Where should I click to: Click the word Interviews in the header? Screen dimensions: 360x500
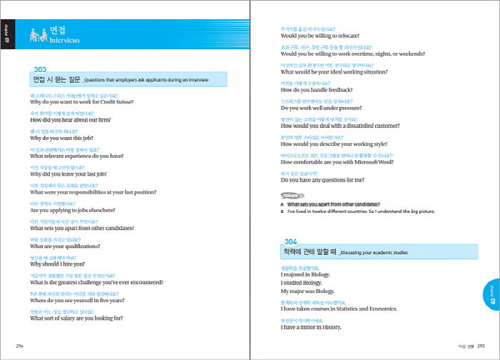point(65,41)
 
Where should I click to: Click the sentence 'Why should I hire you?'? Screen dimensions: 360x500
point(57,264)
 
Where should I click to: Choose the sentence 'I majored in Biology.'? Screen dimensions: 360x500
point(307,274)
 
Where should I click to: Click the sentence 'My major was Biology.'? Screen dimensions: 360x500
point(308,291)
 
